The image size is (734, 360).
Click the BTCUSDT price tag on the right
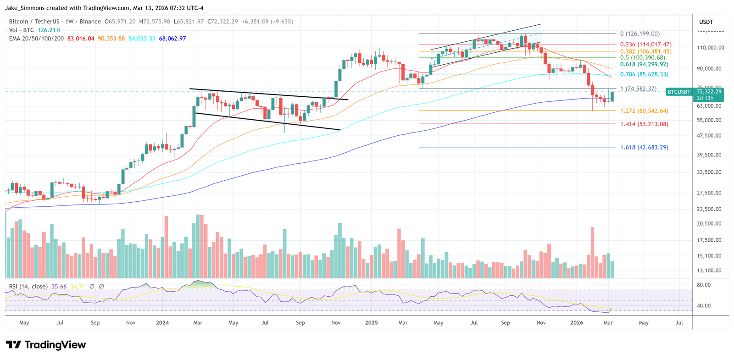point(678,92)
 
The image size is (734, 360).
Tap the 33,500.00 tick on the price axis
point(709,172)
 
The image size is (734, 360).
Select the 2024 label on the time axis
point(162,323)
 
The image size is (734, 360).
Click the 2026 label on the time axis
point(577,323)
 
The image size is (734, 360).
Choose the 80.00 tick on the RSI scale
point(704,285)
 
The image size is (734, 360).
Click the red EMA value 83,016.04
point(81,39)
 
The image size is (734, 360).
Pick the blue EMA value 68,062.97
point(172,39)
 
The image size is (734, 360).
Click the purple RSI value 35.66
point(59,287)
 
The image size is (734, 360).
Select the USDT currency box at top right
point(706,22)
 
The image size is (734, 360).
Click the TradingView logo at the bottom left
point(46,345)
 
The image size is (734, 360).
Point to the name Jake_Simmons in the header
point(23,8)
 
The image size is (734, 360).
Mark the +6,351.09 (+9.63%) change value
point(267,22)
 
